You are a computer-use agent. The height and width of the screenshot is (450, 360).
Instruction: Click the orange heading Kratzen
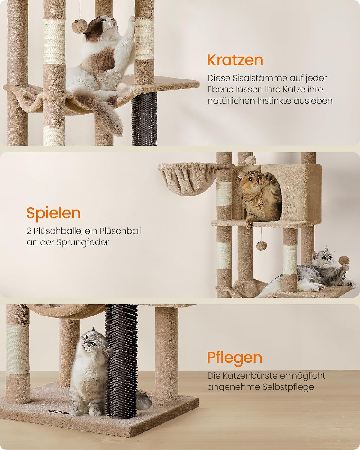point(235,60)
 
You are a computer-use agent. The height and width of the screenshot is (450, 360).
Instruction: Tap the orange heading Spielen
point(54,214)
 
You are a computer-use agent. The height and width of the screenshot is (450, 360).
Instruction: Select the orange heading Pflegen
point(235,358)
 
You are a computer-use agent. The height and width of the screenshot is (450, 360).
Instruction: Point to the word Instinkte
point(274,101)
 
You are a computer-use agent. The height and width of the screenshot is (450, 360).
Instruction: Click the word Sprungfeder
point(82,243)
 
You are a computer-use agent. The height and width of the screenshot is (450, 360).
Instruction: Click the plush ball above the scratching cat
point(79,26)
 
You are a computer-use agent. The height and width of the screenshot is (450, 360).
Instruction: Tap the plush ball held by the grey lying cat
point(344,260)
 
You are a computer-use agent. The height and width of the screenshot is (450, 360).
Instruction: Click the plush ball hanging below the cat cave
point(261,246)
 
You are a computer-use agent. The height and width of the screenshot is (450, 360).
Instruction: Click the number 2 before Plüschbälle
point(29,231)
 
